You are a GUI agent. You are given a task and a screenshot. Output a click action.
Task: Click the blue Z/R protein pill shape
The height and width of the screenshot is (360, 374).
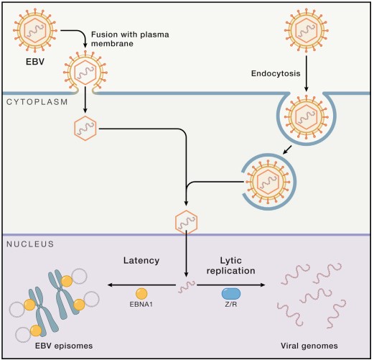(x=232, y=293)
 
